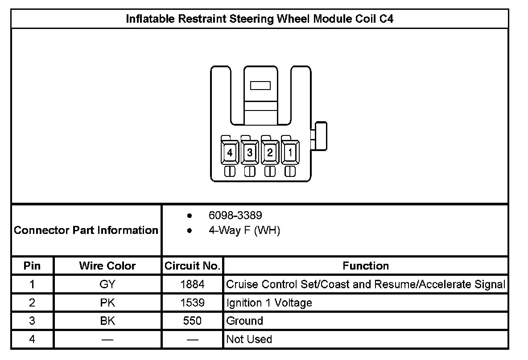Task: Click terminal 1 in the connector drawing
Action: click(290, 153)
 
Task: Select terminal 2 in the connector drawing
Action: click(270, 153)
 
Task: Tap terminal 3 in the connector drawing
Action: click(250, 153)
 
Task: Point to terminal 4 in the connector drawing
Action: click(230, 153)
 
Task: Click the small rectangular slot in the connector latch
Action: click(260, 86)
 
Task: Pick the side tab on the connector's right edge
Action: click(321, 136)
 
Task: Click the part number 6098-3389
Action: click(235, 216)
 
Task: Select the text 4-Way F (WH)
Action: click(244, 231)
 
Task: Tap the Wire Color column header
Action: click(107, 266)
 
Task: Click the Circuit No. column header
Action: click(193, 266)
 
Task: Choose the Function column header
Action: click(366, 266)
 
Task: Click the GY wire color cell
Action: click(107, 284)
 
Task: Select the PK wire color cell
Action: click(107, 303)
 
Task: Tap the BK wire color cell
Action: click(107, 321)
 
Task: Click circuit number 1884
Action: click(193, 284)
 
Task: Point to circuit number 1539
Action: click(193, 303)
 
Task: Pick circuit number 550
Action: click(193, 321)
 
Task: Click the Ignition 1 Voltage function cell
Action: click(269, 303)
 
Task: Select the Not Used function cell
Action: click(249, 340)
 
